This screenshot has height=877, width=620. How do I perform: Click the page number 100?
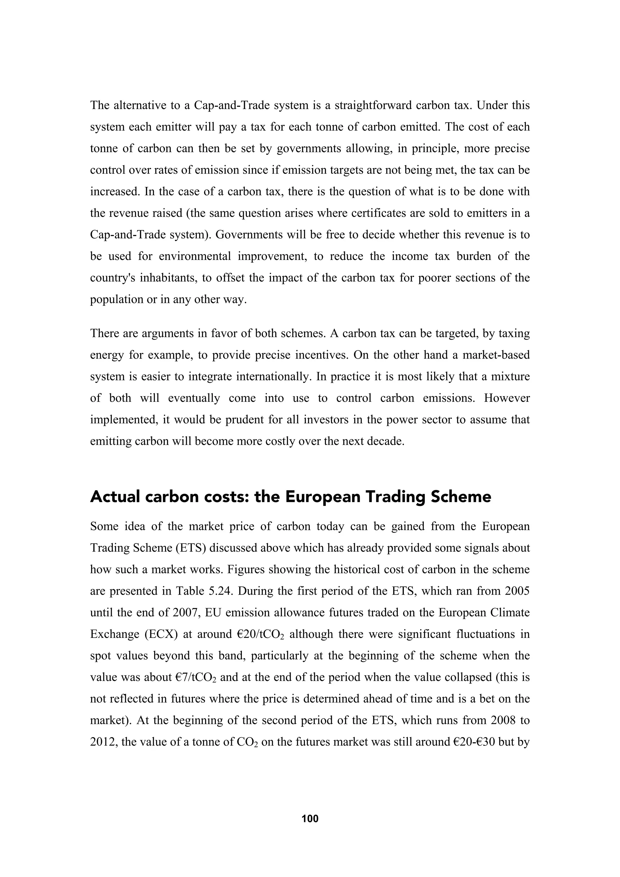[310, 818]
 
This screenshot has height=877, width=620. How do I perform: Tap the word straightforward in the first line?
[372, 105]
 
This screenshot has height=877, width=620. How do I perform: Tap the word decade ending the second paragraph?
[385, 442]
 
